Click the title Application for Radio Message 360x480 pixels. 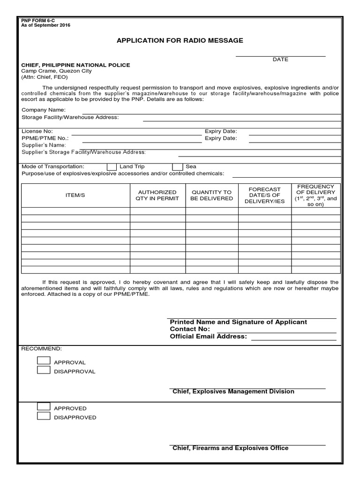pyautogui.click(x=180, y=41)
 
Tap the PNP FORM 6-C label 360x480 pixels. pyautogui.click(x=38, y=21)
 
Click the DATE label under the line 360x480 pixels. pyautogui.click(x=280, y=60)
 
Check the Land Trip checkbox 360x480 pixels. pyautogui.click(x=112, y=167)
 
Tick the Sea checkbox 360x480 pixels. pyautogui.click(x=177, y=167)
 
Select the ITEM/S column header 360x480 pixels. pyautogui.click(x=75, y=195)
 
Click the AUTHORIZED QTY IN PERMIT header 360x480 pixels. pyautogui.click(x=157, y=195)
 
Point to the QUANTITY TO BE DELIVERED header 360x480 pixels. pyautogui.click(x=211, y=195)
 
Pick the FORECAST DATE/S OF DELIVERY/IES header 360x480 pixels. pyautogui.click(x=264, y=195)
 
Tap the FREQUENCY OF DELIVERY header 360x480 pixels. pyautogui.click(x=315, y=195)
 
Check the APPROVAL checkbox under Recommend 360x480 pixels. pyautogui.click(x=44, y=361)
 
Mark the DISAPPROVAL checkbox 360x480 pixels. pyautogui.click(x=44, y=370)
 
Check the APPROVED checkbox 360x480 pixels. pyautogui.click(x=44, y=407)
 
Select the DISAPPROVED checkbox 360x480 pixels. pyautogui.click(x=44, y=416)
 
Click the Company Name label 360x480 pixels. pyautogui.click(x=44, y=110)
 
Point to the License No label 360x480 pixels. pyautogui.click(x=37, y=131)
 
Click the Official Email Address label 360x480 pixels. pyautogui.click(x=208, y=337)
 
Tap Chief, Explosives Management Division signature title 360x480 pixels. pyautogui.click(x=233, y=391)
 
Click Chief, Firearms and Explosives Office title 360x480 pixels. pyautogui.click(x=230, y=448)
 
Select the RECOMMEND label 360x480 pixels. pyautogui.click(x=41, y=349)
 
